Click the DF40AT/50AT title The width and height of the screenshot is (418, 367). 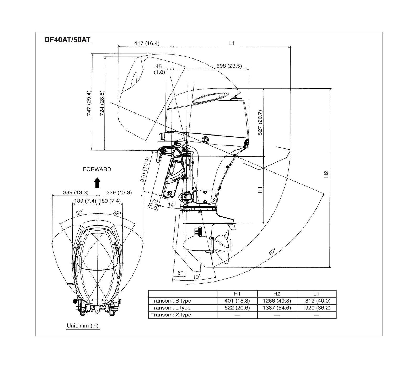pos(67,40)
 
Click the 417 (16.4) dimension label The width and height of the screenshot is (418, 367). pos(147,43)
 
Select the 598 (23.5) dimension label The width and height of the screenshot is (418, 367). pos(229,66)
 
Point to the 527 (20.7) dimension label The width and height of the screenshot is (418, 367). pos(260,122)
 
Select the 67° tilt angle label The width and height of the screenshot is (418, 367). pos(272,252)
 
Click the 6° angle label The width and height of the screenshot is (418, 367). pos(180,273)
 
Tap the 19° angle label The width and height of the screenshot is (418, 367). pos(196,277)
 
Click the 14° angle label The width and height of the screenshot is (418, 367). pos(172,205)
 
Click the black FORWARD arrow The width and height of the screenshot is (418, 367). pos(97,182)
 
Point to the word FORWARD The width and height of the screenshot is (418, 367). pos(97,169)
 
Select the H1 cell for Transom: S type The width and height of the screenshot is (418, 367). pos(237,301)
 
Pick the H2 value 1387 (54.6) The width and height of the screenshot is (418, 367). pos(277,308)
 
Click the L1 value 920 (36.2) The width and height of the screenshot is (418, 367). pos(316,308)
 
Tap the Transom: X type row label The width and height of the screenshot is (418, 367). pos(171,315)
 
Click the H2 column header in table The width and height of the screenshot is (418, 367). pos(277,294)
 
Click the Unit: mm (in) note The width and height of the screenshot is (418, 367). pos(83,326)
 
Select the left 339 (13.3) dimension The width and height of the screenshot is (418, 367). pos(76,192)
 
